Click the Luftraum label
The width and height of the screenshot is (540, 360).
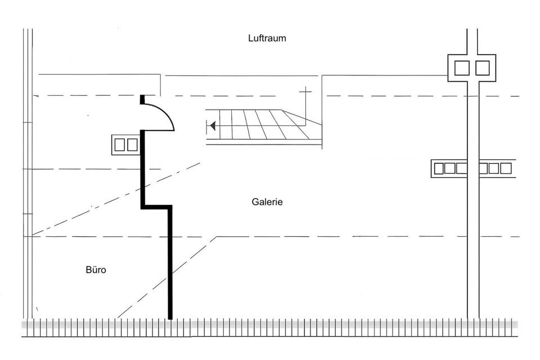tap(267, 38)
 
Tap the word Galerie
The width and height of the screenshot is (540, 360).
tap(267, 202)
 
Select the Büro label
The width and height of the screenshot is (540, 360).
tap(96, 270)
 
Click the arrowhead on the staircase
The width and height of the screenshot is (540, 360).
tap(212, 126)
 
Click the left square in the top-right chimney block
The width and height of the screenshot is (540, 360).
tap(462, 68)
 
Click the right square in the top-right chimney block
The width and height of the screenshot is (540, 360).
tap(483, 68)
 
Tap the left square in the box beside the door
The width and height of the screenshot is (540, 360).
tap(120, 145)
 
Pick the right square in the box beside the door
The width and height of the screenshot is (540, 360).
tap(132, 145)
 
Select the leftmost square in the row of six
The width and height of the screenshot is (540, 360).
tap(438, 168)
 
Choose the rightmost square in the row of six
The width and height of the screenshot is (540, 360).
tap(506, 168)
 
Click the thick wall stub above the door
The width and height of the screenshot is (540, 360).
tap(142, 100)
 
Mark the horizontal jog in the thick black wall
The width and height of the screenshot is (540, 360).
tap(156, 207)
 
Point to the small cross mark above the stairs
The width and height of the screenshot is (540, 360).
tap(305, 91)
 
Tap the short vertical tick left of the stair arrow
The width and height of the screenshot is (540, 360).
tap(208, 126)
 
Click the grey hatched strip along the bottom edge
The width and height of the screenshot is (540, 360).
tap(270, 325)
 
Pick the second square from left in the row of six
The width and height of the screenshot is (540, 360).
tap(449, 168)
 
